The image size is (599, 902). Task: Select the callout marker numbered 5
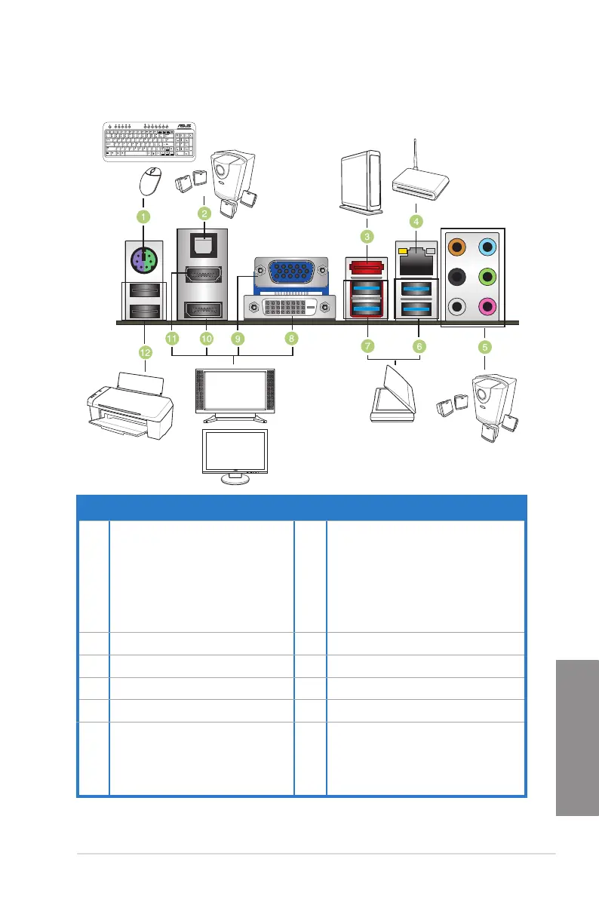(486, 346)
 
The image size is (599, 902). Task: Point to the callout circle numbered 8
(291, 339)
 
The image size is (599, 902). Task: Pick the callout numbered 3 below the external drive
(367, 237)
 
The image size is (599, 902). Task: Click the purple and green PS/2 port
(143, 263)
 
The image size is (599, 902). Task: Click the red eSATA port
(366, 266)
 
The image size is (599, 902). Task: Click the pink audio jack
(488, 307)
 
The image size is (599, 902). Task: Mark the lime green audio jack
(488, 277)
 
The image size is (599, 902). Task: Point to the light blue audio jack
(488, 247)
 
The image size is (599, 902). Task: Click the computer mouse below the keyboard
(151, 180)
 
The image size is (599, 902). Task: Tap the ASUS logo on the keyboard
(183, 127)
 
